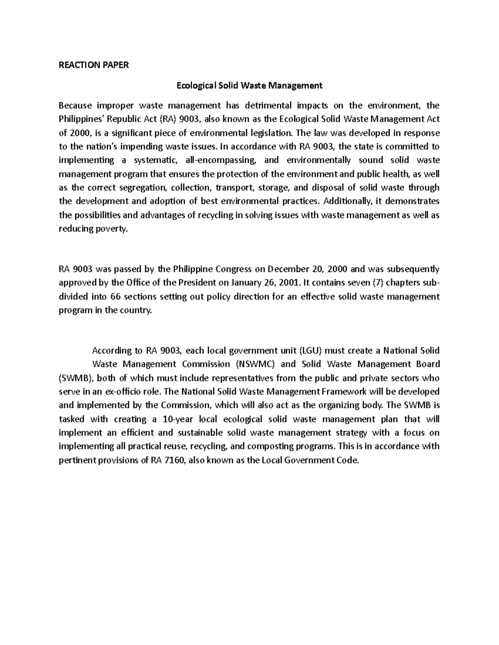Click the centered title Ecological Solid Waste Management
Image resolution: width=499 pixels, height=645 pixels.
tap(249, 86)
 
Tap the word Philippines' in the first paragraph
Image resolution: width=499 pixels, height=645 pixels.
tap(80, 119)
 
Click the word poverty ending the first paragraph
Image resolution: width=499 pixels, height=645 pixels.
tap(112, 229)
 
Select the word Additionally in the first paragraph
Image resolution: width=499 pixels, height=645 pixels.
tap(347, 201)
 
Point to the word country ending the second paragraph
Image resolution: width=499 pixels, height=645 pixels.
tap(136, 310)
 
